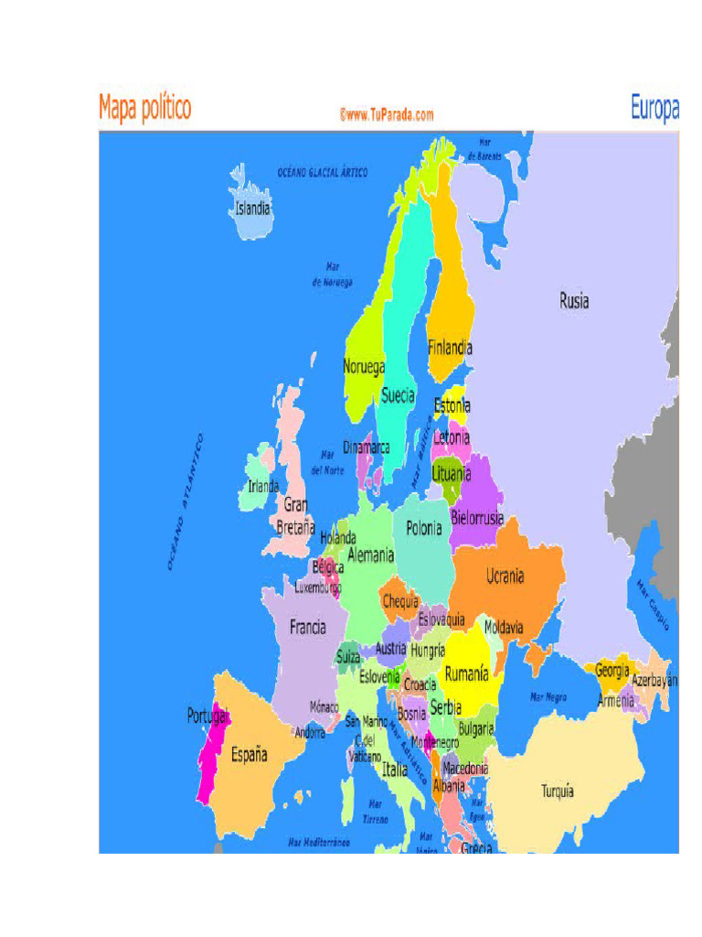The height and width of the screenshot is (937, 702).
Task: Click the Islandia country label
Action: click(253, 209)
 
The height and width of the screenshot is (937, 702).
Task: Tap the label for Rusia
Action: click(574, 300)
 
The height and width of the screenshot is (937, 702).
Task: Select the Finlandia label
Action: click(450, 348)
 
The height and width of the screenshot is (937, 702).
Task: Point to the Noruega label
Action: click(364, 366)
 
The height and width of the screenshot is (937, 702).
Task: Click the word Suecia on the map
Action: click(398, 396)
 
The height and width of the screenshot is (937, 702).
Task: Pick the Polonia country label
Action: click(424, 528)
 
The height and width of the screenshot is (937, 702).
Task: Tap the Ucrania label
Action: click(505, 576)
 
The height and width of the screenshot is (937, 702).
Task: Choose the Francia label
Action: click(308, 628)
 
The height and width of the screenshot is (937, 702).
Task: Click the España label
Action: click(249, 755)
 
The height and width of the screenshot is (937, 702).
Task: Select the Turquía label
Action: click(558, 792)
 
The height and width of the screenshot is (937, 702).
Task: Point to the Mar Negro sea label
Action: click(548, 697)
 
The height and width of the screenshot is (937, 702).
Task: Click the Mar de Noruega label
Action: click(333, 275)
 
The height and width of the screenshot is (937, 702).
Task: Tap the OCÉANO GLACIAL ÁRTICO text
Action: click(323, 172)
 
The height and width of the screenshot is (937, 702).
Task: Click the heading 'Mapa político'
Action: click(145, 108)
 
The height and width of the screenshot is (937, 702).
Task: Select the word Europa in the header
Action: click(654, 109)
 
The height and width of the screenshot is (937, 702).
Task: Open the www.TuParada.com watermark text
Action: click(386, 115)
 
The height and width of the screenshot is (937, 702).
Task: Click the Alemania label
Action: click(370, 555)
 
